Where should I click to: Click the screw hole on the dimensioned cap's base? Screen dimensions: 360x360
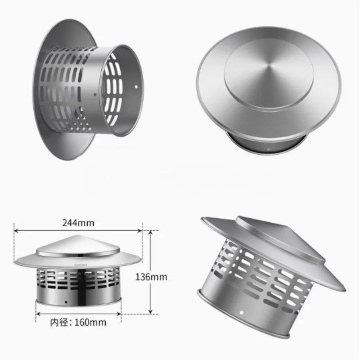tap(67, 302)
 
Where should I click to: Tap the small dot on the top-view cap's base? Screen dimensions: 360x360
tap(269, 147)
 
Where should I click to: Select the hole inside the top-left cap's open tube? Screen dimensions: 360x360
tap(135, 85)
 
